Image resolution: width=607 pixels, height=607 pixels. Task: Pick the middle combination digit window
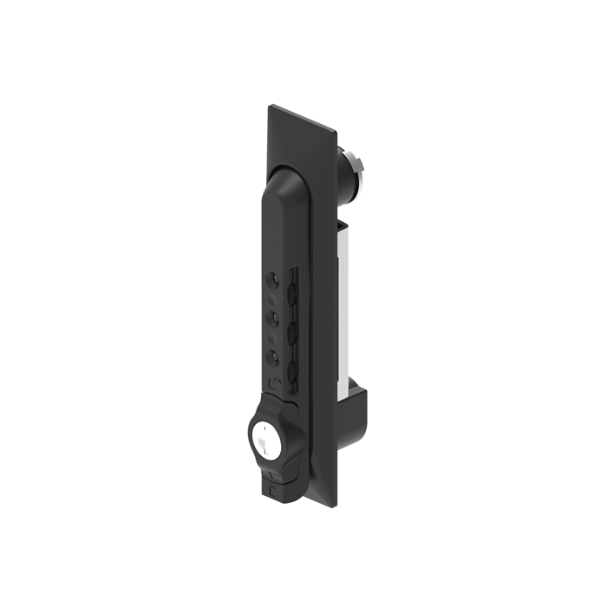pos(273,317)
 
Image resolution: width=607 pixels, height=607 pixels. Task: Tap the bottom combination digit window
pos(273,356)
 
